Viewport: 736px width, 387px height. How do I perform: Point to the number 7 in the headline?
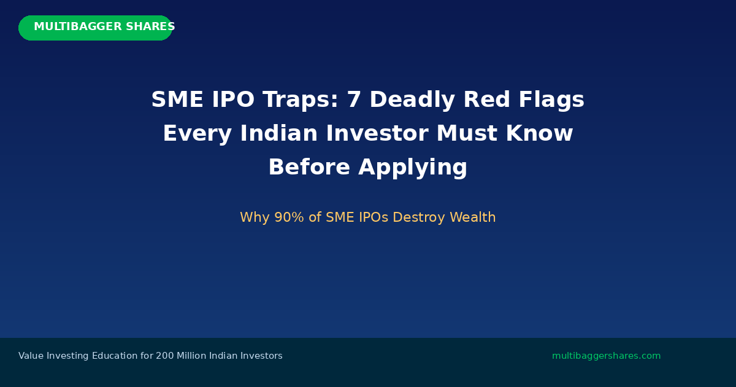355,100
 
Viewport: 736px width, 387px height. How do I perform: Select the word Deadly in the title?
412,100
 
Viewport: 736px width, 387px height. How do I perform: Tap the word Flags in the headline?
551,100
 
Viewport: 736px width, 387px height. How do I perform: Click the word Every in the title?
197,134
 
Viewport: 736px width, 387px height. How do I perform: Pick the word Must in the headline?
467,133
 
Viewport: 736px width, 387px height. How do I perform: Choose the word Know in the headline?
539,133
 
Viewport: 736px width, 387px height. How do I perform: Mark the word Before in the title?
309,167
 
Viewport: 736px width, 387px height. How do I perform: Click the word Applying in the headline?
412,168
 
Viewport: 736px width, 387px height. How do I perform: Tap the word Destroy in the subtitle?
418,217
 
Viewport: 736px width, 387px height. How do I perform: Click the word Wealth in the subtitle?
472,217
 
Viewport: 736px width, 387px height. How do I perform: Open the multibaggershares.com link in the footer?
606,356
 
